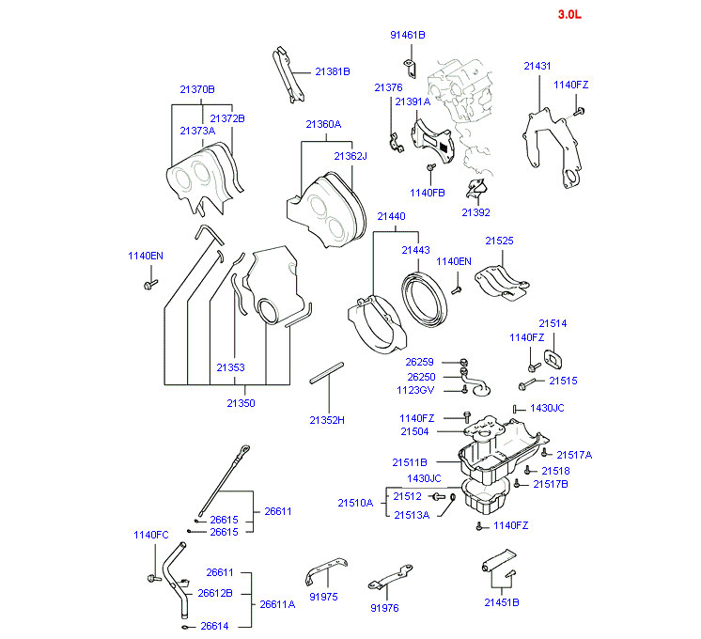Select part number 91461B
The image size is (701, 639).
[408, 35]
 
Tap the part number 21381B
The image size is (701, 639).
[332, 70]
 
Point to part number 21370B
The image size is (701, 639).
[197, 89]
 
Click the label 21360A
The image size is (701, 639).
[322, 124]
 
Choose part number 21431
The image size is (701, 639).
[537, 66]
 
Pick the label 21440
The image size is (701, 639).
[391, 216]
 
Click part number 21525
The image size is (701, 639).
[499, 241]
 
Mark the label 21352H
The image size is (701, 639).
[327, 420]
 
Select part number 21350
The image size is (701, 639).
[241, 403]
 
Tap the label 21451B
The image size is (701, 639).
[502, 602]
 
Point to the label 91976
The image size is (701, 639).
[383, 608]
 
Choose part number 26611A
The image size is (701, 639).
[277, 604]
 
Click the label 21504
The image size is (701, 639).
[414, 431]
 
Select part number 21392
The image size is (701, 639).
[475, 212]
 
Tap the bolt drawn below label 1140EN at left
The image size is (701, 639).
[148, 283]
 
